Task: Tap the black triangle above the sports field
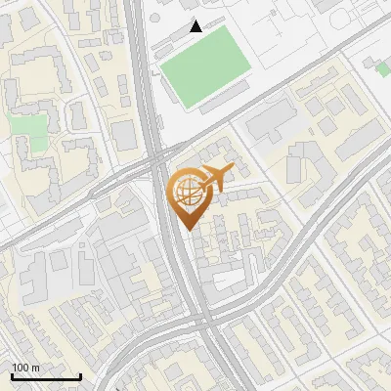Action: click(x=196, y=26)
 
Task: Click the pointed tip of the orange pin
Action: click(x=187, y=229)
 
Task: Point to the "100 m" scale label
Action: click(x=25, y=368)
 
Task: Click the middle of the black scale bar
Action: click(x=46, y=376)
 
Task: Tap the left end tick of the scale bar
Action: click(x=12, y=374)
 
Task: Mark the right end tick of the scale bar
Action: click(x=80, y=374)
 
